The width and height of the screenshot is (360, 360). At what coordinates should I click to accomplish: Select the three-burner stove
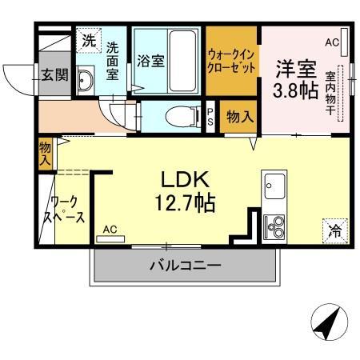click(x=274, y=227)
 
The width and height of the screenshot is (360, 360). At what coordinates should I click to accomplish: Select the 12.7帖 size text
click(x=185, y=203)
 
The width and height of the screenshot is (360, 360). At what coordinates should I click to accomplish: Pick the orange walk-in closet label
click(x=232, y=62)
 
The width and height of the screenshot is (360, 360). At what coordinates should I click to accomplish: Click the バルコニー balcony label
click(x=184, y=266)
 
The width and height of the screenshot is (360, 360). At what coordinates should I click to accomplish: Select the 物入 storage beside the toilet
click(x=240, y=117)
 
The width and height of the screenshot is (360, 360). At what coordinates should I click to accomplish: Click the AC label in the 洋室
click(x=333, y=42)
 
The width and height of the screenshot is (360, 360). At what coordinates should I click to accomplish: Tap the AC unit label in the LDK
click(x=110, y=229)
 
